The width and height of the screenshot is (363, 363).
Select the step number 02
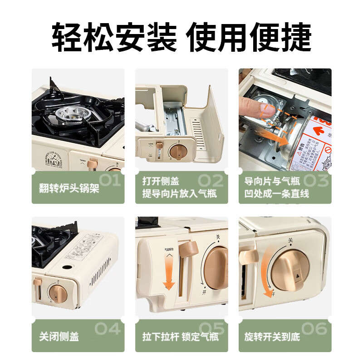[x=210, y=181]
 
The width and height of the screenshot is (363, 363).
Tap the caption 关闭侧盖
[x=59, y=336]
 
